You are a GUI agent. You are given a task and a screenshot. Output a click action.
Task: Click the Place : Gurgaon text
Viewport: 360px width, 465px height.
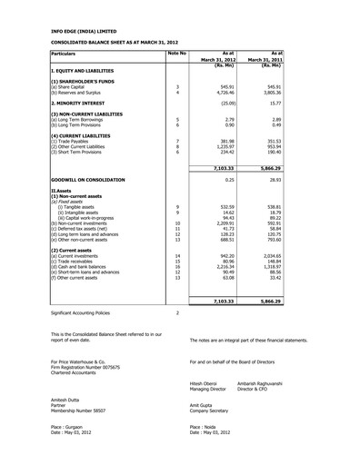point(69,451)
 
